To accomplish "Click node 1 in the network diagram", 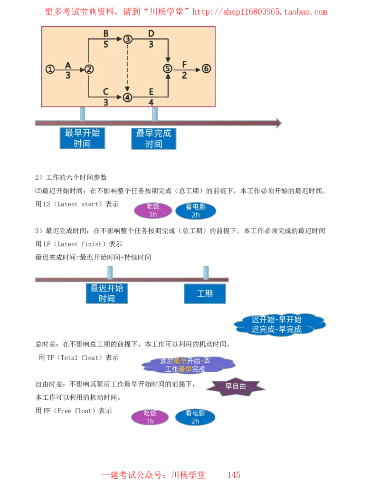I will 50,69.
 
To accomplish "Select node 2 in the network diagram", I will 89,69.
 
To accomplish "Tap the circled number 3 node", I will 127,39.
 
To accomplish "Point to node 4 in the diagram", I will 127,98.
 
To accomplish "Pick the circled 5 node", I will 168,69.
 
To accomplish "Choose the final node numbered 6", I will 206,69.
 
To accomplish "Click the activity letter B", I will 106,33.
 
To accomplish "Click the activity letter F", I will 184,64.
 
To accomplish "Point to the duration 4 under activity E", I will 151,103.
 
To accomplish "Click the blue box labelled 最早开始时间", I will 82,138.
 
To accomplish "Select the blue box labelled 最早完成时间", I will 154,138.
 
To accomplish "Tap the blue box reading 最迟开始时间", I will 107,293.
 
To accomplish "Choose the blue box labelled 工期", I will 205,294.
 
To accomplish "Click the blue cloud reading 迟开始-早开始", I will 279,324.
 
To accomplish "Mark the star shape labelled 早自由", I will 236,387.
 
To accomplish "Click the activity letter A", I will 68,64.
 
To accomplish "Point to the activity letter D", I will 151,33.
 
